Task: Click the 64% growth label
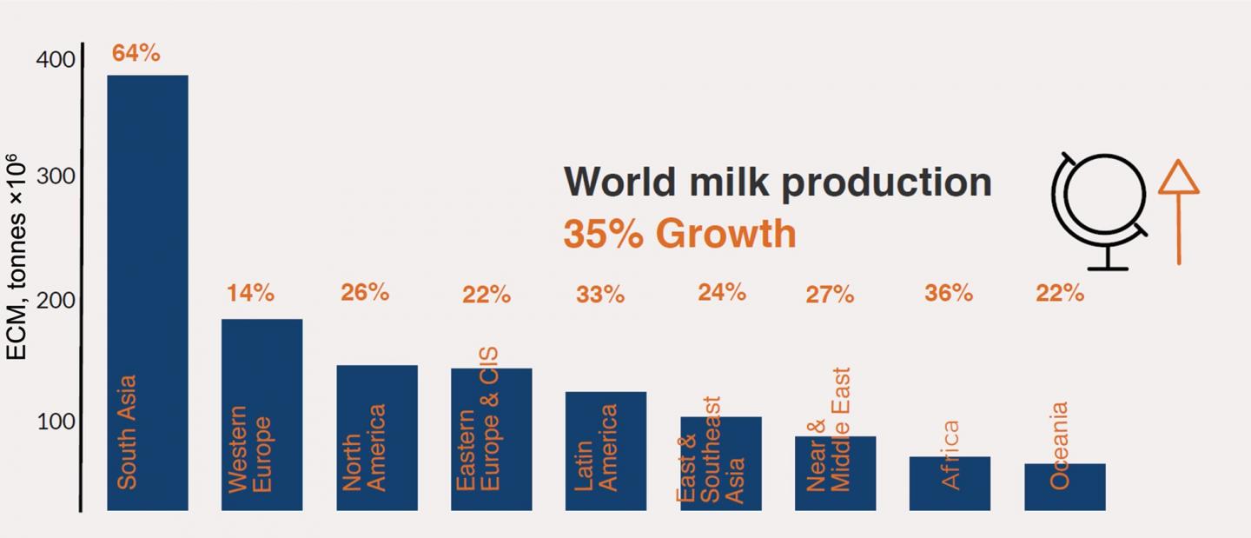pos(136,53)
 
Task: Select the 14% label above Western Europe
pos(250,294)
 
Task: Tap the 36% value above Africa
pos(948,293)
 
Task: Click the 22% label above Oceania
pos(1059,294)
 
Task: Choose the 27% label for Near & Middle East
pos(830,296)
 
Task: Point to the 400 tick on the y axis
pos(56,60)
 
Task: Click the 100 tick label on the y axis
pos(56,422)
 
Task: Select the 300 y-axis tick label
pos(56,176)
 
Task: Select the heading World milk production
pos(778,182)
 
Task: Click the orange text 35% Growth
pos(679,234)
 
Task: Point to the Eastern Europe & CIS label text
pos(478,419)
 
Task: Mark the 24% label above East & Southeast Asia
pos(721,292)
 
